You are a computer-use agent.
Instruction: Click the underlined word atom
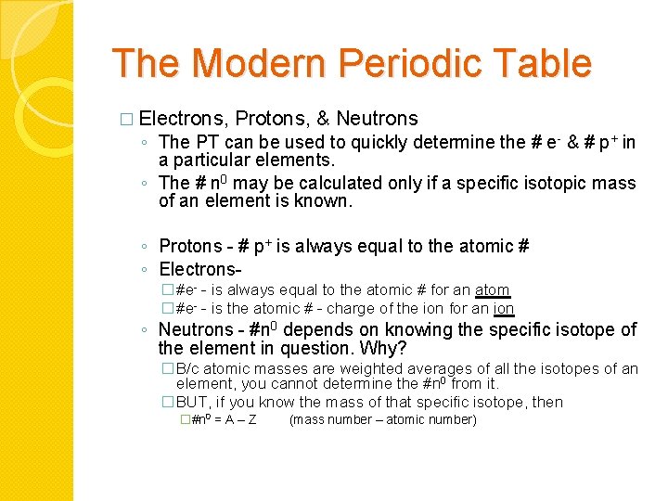[x=492, y=290]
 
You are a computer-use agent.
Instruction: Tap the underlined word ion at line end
[x=504, y=309]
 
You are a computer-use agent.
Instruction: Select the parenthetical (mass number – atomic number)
[x=383, y=420]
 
